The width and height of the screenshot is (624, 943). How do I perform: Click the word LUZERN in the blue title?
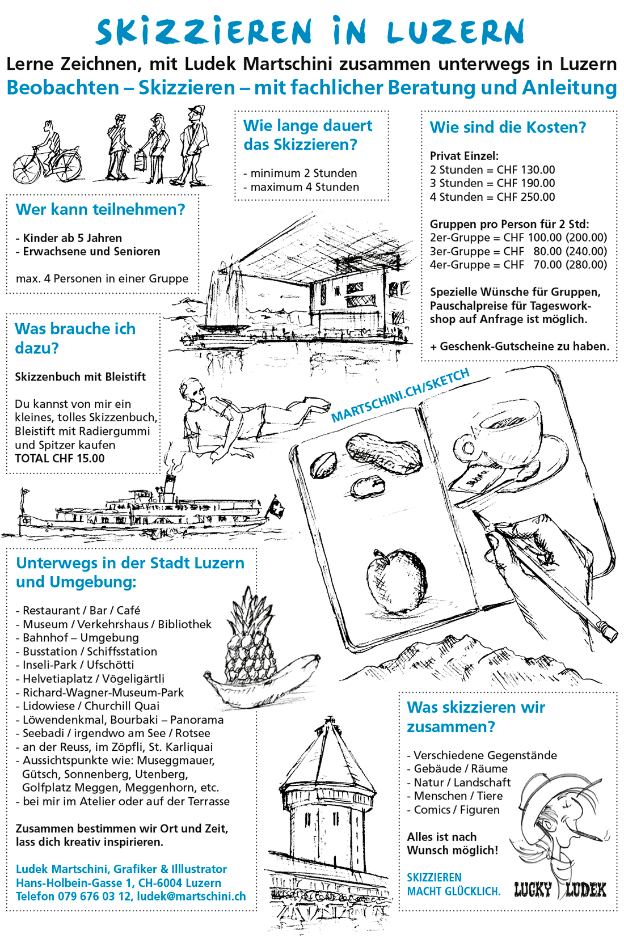tap(457, 32)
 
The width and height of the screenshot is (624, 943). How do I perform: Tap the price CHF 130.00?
tap(526, 170)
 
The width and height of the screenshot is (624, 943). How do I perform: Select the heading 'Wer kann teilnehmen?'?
tap(100, 210)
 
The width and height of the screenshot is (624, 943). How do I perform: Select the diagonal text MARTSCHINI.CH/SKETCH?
tap(400, 395)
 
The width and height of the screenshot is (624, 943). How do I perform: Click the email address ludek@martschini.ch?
tap(192, 897)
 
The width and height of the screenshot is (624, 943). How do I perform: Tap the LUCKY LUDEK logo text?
tap(560, 890)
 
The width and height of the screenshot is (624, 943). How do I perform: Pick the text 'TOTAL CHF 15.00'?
tap(60, 459)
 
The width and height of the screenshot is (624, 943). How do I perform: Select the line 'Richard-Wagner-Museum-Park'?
tap(103, 692)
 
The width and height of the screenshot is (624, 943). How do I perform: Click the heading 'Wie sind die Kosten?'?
tap(508, 128)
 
